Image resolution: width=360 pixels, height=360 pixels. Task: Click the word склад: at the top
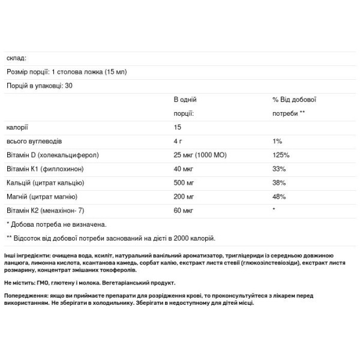[17, 58]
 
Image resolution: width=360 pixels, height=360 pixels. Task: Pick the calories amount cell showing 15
[178, 127]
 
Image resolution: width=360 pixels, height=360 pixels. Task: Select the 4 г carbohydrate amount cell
[179, 141]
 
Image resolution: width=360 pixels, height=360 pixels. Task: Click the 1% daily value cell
[277, 141]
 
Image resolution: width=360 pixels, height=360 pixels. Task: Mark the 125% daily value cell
[280, 155]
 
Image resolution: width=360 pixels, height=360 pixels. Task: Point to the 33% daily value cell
[278, 169]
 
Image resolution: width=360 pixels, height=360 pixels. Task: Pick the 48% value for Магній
[278, 196]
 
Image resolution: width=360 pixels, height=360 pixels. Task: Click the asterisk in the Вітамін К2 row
[274, 210]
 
